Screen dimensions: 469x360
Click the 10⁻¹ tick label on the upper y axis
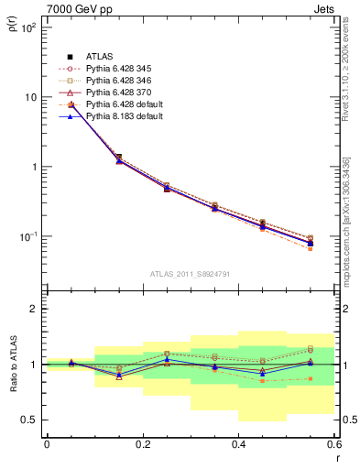click(x=27, y=236)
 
